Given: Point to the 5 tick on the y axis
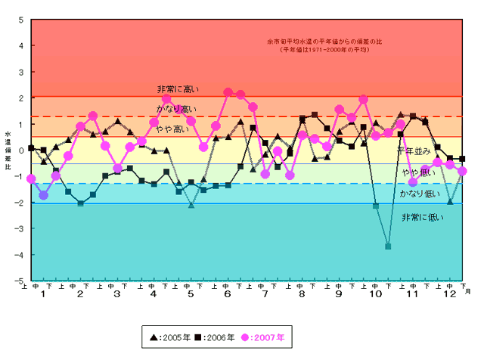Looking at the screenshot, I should (x=20, y=19).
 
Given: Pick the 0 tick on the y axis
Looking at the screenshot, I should (x=20, y=151).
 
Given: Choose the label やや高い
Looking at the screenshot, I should (x=173, y=129).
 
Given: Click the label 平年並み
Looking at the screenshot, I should (x=414, y=151).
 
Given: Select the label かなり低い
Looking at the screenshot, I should (x=417, y=194).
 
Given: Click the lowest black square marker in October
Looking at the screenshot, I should (x=388, y=247).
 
